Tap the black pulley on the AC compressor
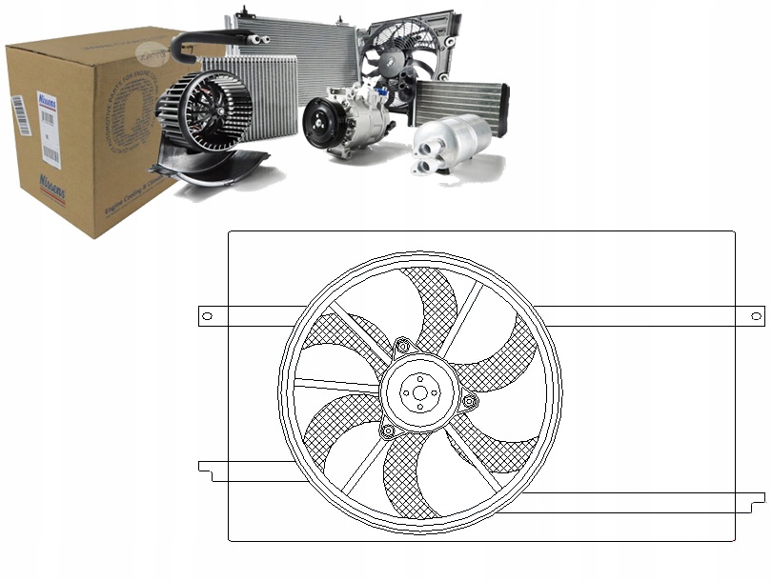(x=320, y=124)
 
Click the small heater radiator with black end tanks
(x=460, y=101)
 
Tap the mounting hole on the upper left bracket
(x=206, y=315)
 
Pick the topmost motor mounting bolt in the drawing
(x=402, y=345)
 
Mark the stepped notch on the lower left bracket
(x=204, y=468)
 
